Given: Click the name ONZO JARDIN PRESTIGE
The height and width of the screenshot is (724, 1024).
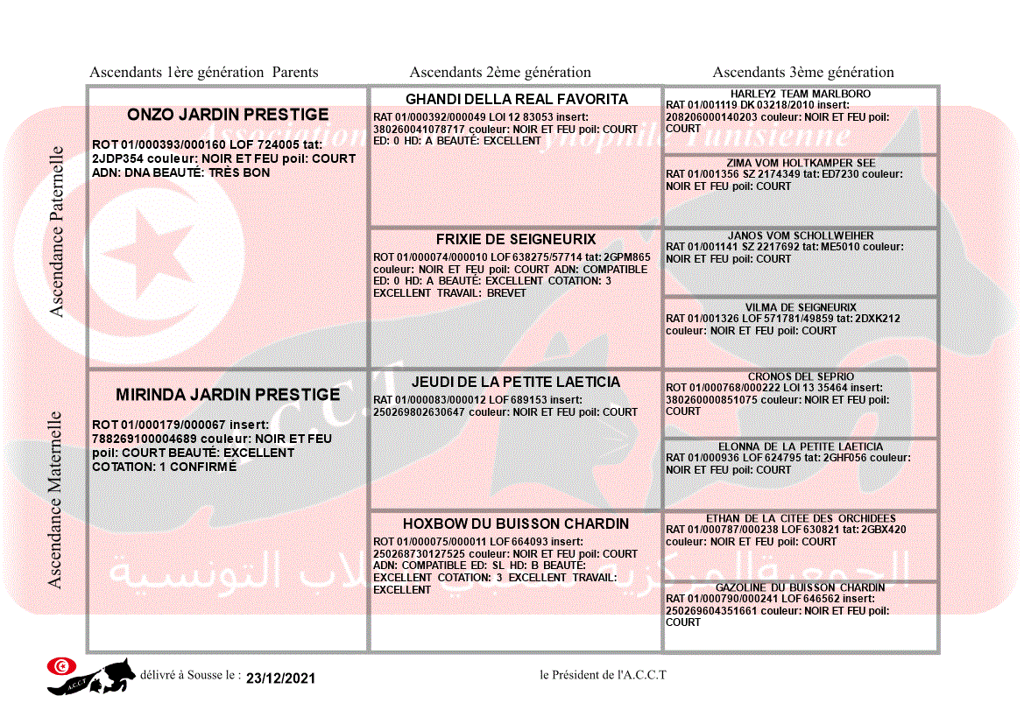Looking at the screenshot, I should pyautogui.click(x=228, y=115).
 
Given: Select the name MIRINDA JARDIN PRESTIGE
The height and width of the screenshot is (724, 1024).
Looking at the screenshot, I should pyautogui.click(x=228, y=395).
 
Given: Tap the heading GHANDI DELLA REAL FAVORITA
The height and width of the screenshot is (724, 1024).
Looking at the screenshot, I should pyautogui.click(x=517, y=99).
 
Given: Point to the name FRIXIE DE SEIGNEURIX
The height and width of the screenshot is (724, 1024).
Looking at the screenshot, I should pyautogui.click(x=516, y=239).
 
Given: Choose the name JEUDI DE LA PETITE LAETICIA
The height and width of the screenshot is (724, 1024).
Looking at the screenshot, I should pyautogui.click(x=516, y=382).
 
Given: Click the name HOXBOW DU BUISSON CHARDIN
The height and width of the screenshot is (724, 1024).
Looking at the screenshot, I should pyautogui.click(x=516, y=524).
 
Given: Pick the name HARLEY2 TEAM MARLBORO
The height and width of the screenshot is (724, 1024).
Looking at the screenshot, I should pyautogui.click(x=801, y=94).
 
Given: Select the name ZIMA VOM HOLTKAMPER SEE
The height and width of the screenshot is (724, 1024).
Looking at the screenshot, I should pyautogui.click(x=801, y=163).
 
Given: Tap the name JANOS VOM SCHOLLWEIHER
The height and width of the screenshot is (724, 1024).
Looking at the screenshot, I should pyautogui.click(x=801, y=235).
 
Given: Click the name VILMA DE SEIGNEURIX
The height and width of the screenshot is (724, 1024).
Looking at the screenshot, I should pyautogui.click(x=801, y=307).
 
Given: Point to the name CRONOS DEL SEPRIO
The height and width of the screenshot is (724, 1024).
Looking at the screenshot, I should pyautogui.click(x=801, y=376).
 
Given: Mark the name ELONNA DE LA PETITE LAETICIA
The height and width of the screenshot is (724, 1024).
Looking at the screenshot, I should pyautogui.click(x=801, y=446).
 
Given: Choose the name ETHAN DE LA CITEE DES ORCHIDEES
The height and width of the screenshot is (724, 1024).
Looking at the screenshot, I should pyautogui.click(x=801, y=518).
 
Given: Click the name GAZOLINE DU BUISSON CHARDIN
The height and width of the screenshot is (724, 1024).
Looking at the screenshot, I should pyautogui.click(x=801, y=587).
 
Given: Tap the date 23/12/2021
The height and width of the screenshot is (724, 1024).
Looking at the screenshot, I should pyautogui.click(x=280, y=678).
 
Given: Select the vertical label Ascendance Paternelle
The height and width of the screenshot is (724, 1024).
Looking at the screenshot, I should pyautogui.click(x=57, y=232).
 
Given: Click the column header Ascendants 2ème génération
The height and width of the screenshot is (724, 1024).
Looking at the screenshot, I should pyautogui.click(x=500, y=73).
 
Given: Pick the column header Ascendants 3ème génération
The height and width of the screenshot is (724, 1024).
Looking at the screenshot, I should pyautogui.click(x=803, y=73).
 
